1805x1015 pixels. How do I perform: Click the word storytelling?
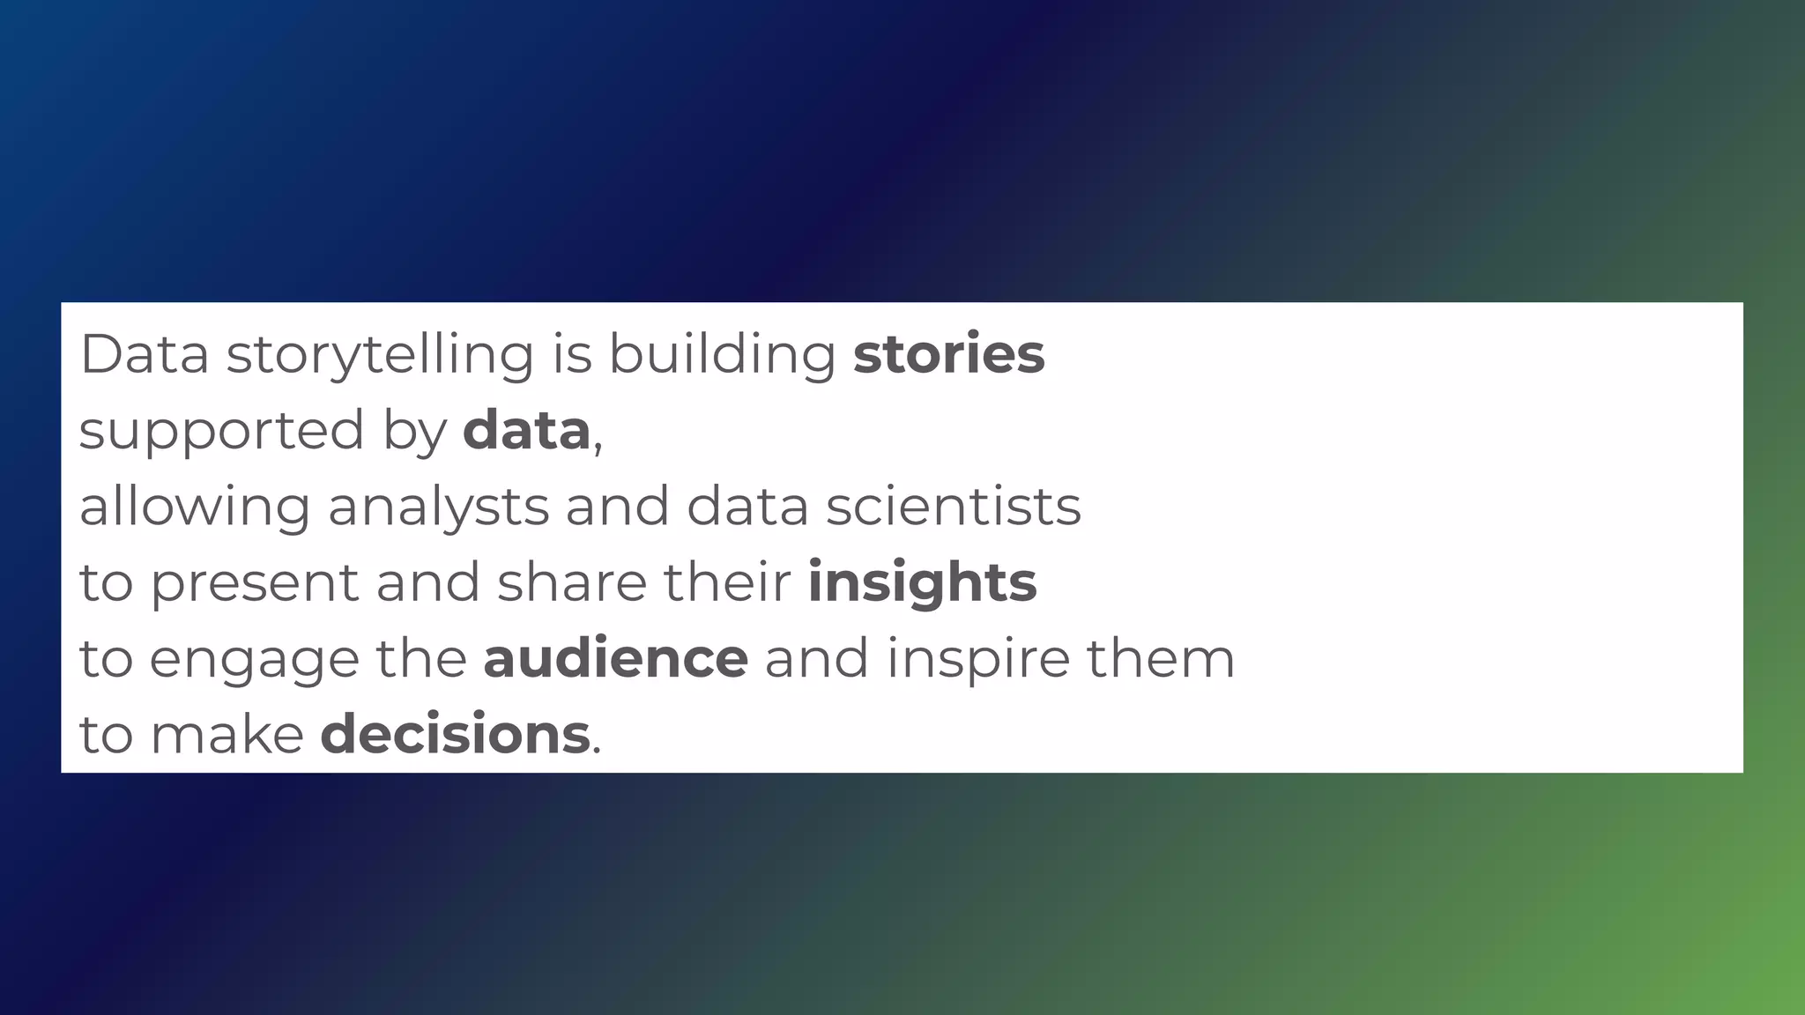[380, 355]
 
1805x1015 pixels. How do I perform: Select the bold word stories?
[948, 353]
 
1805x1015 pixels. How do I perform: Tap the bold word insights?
[922, 583]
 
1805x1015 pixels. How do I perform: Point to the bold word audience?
[615, 658]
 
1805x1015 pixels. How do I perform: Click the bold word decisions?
[455, 734]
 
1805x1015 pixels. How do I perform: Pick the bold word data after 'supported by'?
[526, 430]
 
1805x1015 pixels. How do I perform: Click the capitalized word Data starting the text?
[145, 353]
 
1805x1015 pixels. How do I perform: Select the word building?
[722, 355]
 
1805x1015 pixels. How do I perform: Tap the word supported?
[221, 432]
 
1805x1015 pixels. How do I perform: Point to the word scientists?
[953, 507]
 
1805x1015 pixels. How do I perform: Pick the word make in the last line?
[227, 734]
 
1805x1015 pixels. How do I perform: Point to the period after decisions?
[597, 752]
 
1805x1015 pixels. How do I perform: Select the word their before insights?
[727, 582]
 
